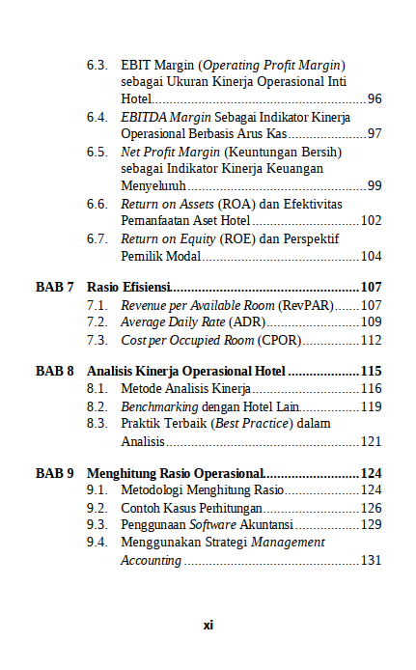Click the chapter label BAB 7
[x=55, y=287]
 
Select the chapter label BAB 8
[x=55, y=371]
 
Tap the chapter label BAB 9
[x=55, y=473]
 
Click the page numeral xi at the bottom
[x=208, y=625]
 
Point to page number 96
[x=374, y=99]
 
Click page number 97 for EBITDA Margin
[x=374, y=133]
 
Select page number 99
[x=374, y=185]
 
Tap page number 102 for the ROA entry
[x=372, y=220]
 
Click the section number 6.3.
[x=97, y=65]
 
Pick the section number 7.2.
[x=97, y=322]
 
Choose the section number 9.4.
[x=97, y=542]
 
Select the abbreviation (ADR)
[x=246, y=322]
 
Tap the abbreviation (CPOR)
[x=281, y=340]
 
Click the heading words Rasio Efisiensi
[x=129, y=287]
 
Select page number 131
[x=372, y=560]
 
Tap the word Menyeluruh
[x=153, y=185]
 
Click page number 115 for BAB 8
[x=372, y=371]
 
